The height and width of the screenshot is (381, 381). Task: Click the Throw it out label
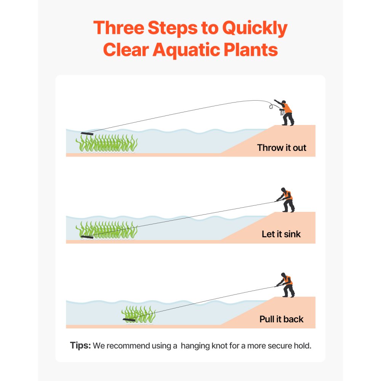(x=282, y=147)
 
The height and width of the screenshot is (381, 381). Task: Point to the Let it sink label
(x=281, y=234)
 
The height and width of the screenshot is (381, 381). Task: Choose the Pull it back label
(x=282, y=319)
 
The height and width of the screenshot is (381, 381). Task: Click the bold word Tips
(x=80, y=346)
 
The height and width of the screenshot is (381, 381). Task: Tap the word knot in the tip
(x=217, y=346)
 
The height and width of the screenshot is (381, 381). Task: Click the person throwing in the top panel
(x=285, y=112)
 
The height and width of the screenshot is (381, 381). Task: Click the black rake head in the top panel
(x=87, y=133)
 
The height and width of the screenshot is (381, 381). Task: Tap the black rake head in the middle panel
(x=87, y=237)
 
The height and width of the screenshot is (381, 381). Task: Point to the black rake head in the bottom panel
(x=129, y=319)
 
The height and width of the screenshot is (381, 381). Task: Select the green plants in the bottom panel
(x=139, y=313)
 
